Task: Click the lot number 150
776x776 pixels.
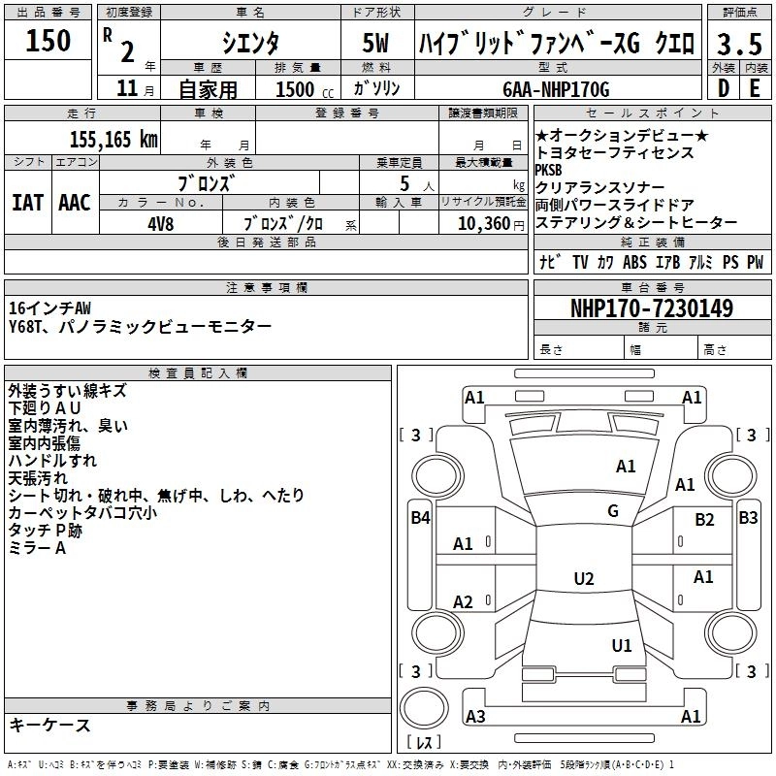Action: (x=48, y=41)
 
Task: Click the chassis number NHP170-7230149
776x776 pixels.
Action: (x=651, y=308)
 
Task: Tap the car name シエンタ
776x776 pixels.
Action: (x=248, y=44)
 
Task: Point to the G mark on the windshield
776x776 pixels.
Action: (x=612, y=511)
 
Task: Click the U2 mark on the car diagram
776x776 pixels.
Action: (x=583, y=579)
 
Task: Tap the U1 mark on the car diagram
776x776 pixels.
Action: (x=622, y=645)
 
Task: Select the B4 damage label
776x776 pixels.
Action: (x=420, y=518)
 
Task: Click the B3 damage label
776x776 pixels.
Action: (x=748, y=518)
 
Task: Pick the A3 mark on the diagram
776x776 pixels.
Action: (x=475, y=717)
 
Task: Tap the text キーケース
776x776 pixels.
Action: (x=49, y=726)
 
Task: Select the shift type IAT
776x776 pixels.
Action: (x=27, y=203)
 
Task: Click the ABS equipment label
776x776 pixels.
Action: (x=634, y=262)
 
